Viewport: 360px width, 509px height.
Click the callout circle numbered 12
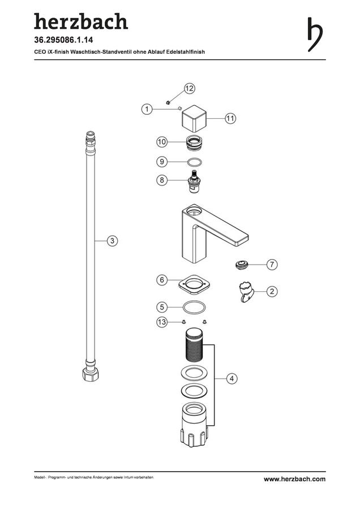tap(190, 88)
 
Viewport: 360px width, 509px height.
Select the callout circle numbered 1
tap(147, 109)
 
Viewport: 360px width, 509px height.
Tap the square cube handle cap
tap(194, 119)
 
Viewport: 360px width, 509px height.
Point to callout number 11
tap(230, 118)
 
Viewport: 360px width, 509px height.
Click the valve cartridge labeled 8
tap(195, 181)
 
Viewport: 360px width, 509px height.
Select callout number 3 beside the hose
tap(113, 241)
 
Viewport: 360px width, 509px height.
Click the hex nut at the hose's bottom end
tap(91, 375)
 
